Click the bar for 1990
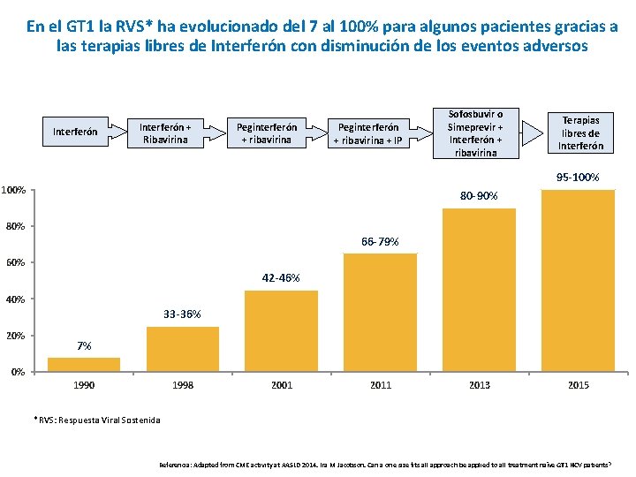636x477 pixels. [x=84, y=364]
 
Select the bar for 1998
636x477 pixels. [x=183, y=349]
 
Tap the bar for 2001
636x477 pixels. [x=281, y=330]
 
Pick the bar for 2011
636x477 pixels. [x=380, y=312]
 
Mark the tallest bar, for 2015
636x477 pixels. [x=578, y=280]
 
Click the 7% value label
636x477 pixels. [x=84, y=345]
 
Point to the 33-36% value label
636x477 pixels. [x=182, y=314]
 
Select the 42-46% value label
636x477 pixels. [x=281, y=278]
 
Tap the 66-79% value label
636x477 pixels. [x=380, y=241]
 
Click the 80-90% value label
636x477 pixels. [x=479, y=195]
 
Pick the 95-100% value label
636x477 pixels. [x=578, y=178]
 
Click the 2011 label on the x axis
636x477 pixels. [x=380, y=385]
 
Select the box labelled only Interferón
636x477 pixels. [x=75, y=132]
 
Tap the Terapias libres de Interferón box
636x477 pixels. [x=580, y=132]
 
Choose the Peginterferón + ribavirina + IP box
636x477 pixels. [x=372, y=133]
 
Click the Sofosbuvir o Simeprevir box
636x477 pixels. [x=475, y=132]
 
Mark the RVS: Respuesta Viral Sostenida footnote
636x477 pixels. [x=98, y=420]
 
